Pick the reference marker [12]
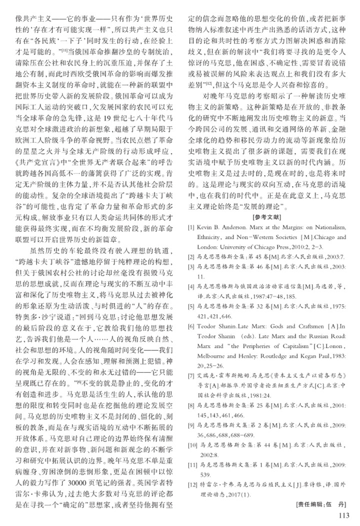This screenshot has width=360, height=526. pyautogui.click(x=192, y=485)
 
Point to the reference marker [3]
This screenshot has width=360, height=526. pyautogui.click(x=191, y=265)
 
